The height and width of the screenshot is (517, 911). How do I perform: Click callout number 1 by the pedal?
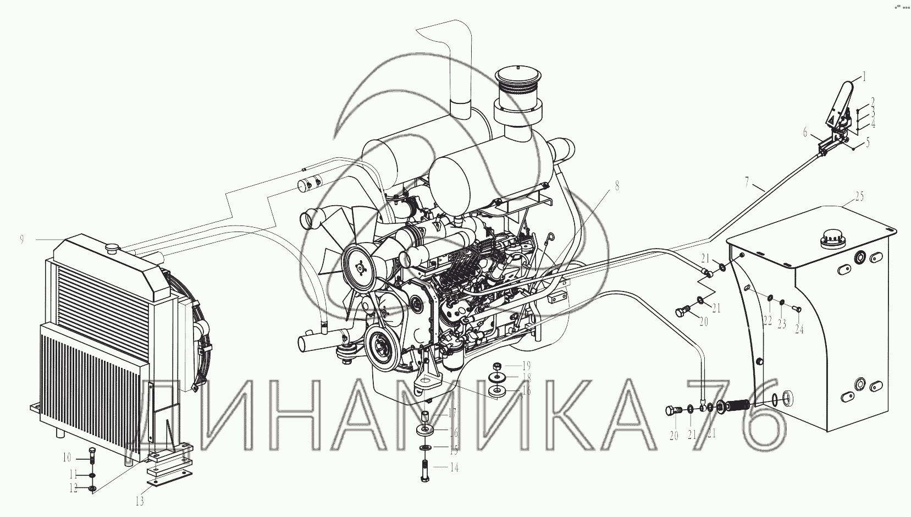864,76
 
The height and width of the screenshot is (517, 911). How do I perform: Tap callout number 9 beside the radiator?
21,240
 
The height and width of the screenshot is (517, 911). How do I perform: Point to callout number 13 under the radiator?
140,502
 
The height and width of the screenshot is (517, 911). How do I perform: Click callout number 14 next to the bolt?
454,468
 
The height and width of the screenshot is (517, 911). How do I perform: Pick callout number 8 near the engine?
617,186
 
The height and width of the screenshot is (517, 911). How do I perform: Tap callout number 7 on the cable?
747,183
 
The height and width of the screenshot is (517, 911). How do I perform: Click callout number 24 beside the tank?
799,329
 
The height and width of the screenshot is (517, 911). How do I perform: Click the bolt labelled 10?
91,458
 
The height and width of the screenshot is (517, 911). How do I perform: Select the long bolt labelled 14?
425,471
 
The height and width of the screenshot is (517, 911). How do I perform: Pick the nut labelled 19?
496,365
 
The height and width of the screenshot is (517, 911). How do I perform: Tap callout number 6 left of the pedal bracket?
805,132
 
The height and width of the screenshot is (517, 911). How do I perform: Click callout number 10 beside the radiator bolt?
67,458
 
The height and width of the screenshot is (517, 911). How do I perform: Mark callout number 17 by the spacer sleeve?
453,413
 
